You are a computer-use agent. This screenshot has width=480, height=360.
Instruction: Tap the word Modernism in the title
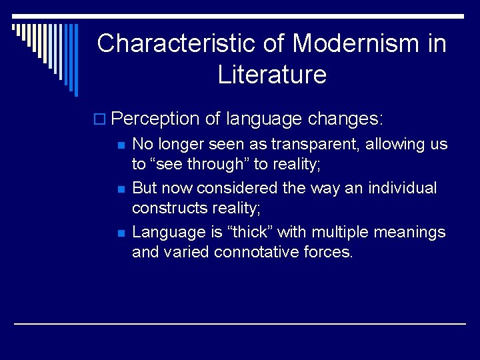click(355, 44)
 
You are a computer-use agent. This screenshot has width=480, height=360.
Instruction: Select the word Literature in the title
click(272, 75)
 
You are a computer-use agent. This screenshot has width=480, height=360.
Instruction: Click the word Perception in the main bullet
click(155, 119)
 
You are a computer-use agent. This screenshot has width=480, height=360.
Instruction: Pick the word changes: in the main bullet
click(345, 119)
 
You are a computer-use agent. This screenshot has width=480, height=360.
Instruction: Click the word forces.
click(329, 252)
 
